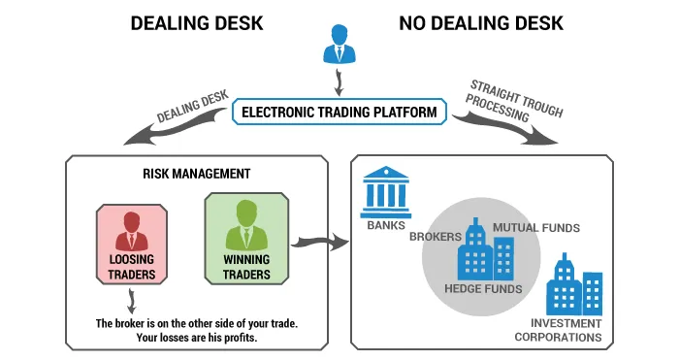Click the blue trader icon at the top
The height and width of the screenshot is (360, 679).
(x=339, y=45)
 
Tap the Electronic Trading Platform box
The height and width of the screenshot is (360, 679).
(x=339, y=112)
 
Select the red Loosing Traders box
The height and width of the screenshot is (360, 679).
(x=132, y=245)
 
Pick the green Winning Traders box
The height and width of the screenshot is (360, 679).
(x=246, y=239)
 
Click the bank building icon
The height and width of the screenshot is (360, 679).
(x=385, y=192)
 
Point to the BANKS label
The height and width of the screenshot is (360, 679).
(x=386, y=225)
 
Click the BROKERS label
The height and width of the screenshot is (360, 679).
(x=436, y=237)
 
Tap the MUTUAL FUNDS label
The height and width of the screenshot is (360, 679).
(x=536, y=228)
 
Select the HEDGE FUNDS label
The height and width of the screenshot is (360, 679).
(x=483, y=289)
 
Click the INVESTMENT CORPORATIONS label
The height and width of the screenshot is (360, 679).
(x=558, y=330)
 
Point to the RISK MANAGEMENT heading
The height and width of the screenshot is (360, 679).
(x=197, y=174)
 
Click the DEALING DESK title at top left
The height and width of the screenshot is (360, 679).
(x=197, y=23)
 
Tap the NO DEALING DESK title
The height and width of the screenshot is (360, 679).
(x=481, y=23)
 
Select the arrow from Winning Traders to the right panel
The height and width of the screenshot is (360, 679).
(x=319, y=243)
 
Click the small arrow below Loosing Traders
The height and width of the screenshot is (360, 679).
(x=132, y=301)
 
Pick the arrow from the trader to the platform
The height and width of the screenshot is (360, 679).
(x=339, y=83)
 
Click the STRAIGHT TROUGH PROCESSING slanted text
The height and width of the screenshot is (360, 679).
(x=514, y=101)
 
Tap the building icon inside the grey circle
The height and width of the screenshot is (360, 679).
(x=486, y=249)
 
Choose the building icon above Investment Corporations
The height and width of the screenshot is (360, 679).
(x=574, y=284)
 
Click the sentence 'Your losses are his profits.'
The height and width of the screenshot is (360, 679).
(x=197, y=338)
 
